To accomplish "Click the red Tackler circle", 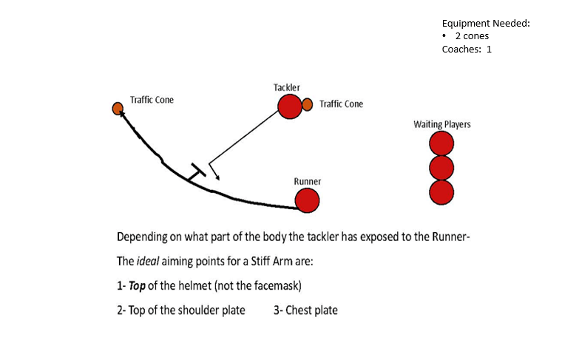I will tap(289, 106).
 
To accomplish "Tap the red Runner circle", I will tap(307, 200).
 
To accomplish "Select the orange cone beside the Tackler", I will tap(308, 105).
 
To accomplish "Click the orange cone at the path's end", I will tap(118, 109).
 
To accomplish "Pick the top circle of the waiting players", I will tap(441, 143).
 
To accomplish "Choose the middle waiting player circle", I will tap(441, 168).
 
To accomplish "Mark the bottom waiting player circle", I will tap(441, 191).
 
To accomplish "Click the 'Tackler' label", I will tap(287, 87).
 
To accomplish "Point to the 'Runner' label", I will tap(307, 181).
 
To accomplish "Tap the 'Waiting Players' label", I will tap(442, 124).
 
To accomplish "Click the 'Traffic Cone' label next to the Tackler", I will tap(342, 104).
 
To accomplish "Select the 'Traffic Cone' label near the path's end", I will tap(152, 100).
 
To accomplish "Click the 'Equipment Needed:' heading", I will tap(486, 23).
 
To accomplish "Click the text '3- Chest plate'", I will tap(305, 310).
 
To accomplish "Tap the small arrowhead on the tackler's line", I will tap(216, 176).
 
